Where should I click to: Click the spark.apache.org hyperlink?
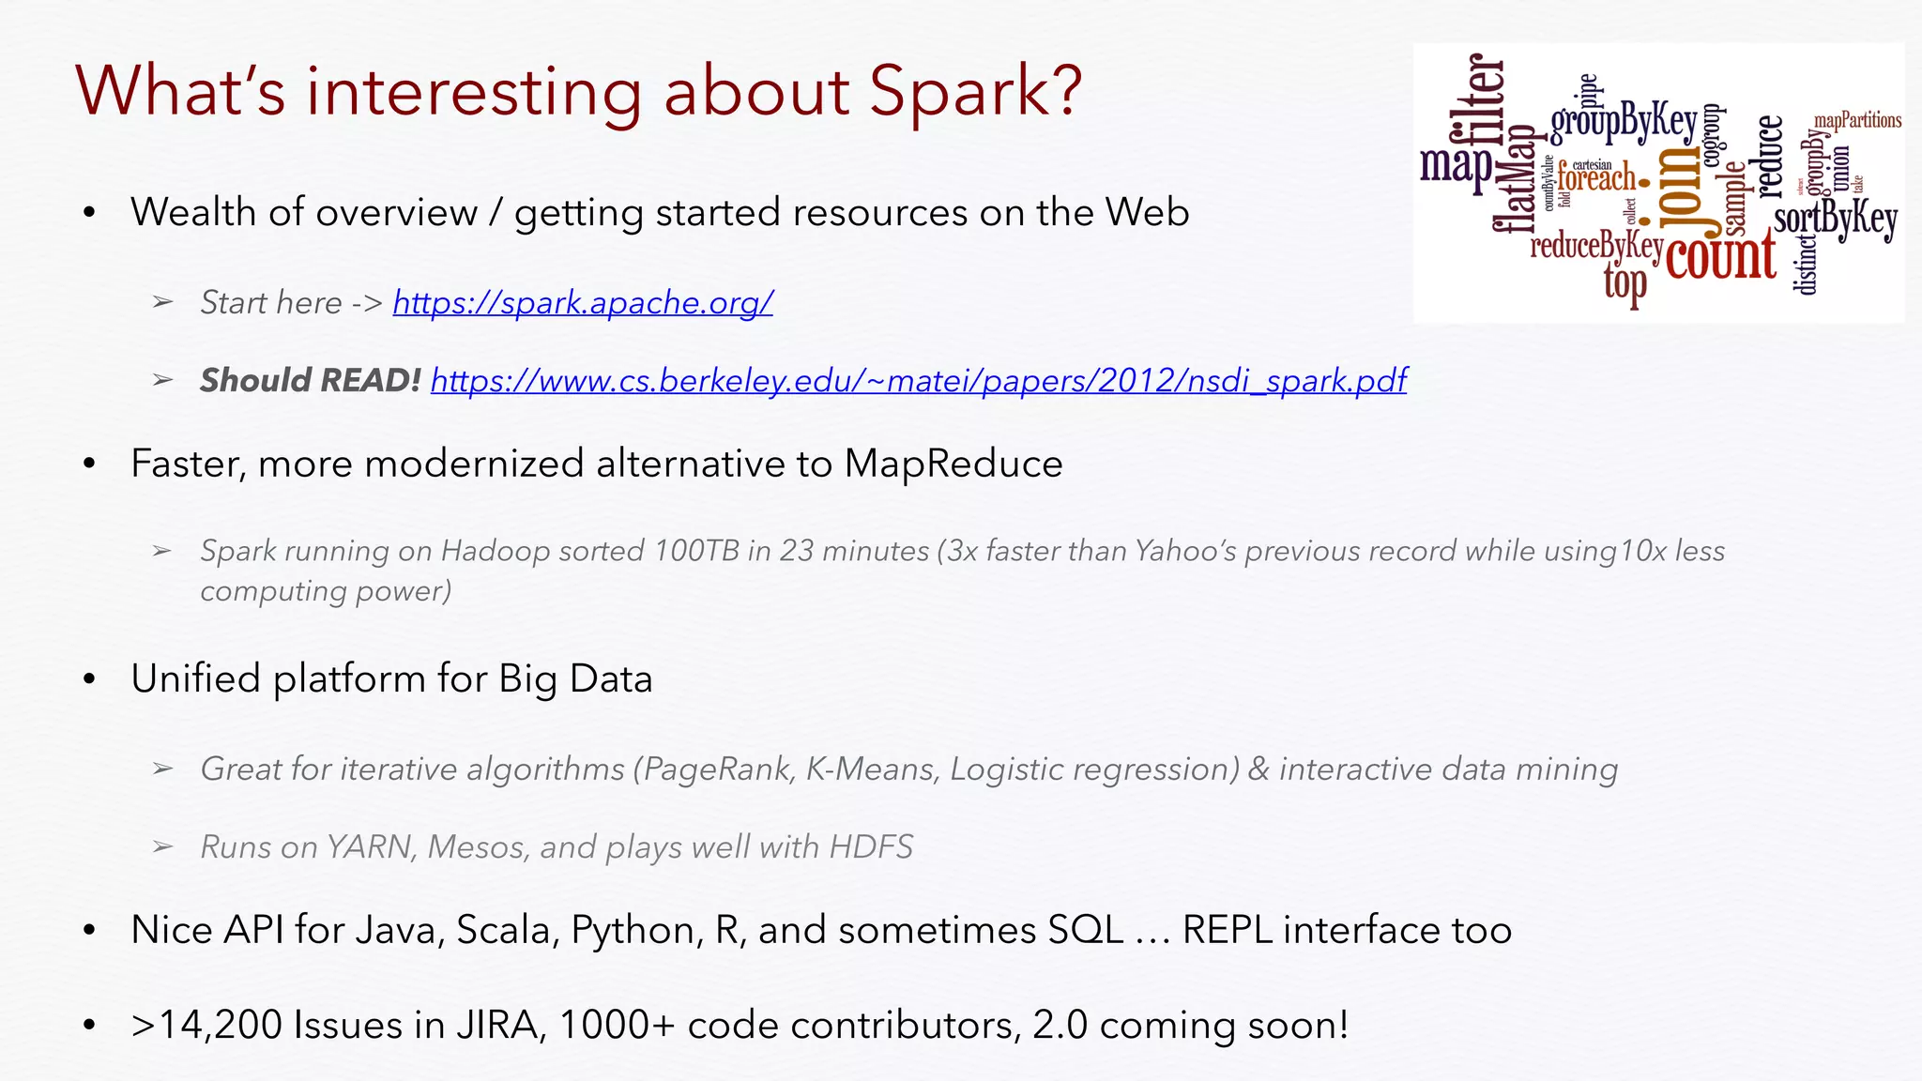click(582, 303)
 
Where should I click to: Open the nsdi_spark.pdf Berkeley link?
click(918, 380)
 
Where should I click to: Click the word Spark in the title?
click(975, 91)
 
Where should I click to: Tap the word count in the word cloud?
click(1721, 255)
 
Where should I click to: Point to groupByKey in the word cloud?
click(1624, 123)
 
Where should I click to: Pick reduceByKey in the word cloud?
click(1595, 246)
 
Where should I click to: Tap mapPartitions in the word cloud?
click(1857, 120)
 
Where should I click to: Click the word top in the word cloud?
click(1625, 282)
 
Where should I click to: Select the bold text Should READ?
click(310, 380)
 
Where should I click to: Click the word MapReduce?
click(953, 464)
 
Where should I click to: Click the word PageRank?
click(718, 769)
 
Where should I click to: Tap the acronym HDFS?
click(871, 847)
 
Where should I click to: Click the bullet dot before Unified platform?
click(89, 679)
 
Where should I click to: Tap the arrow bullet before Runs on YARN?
click(162, 847)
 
